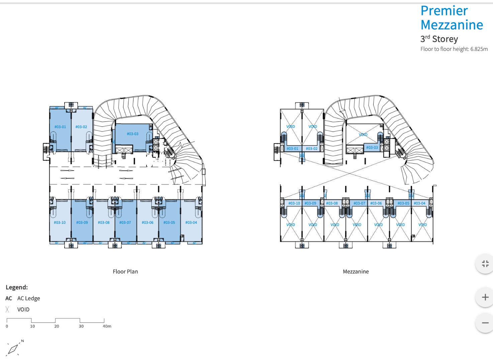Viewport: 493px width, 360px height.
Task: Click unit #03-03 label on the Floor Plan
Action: coord(132,134)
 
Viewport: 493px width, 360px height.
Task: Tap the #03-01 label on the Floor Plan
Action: coord(60,127)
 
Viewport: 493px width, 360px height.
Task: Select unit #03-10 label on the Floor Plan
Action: coord(60,222)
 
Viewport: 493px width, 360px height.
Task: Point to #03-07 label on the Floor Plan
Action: coord(125,222)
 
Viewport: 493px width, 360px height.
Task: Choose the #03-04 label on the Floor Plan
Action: coord(191,222)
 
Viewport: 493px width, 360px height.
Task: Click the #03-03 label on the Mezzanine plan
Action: coord(372,148)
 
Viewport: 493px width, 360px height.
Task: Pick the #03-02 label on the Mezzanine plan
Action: coord(312,149)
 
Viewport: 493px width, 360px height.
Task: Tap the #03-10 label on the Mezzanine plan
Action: coord(294,203)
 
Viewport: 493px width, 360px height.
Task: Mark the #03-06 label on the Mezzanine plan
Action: coord(376,203)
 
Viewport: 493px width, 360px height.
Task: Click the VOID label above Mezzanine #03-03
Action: coord(363,134)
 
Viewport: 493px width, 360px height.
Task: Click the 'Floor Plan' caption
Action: coord(125,272)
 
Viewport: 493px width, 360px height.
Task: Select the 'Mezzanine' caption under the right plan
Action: coord(356,272)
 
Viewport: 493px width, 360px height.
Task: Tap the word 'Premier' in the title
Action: coord(444,11)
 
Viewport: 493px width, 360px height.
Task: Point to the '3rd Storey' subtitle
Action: coord(439,39)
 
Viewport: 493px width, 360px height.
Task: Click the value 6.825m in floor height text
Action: coord(479,49)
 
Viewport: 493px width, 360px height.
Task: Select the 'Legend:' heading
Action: coord(17,287)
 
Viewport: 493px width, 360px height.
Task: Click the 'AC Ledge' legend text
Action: coord(28,298)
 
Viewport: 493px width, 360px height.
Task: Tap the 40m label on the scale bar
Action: coord(107,326)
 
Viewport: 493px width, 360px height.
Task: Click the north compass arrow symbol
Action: coord(13,349)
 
